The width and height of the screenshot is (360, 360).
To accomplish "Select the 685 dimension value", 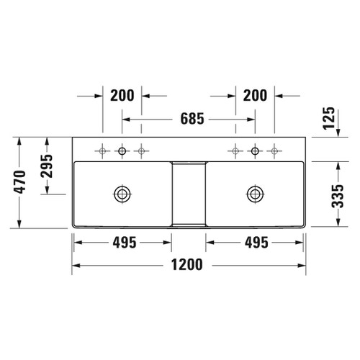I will pyautogui.click(x=188, y=115).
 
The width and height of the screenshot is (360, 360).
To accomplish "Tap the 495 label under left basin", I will pyautogui.click(x=123, y=243).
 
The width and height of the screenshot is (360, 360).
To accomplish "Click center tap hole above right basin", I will pyautogui.click(x=254, y=150).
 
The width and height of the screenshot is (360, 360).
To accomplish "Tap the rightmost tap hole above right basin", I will pyautogui.click(x=274, y=150).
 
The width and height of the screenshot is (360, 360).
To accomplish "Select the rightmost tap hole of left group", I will pyautogui.click(x=142, y=150).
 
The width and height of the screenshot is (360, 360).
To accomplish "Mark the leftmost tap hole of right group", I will pyautogui.click(x=235, y=150).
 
